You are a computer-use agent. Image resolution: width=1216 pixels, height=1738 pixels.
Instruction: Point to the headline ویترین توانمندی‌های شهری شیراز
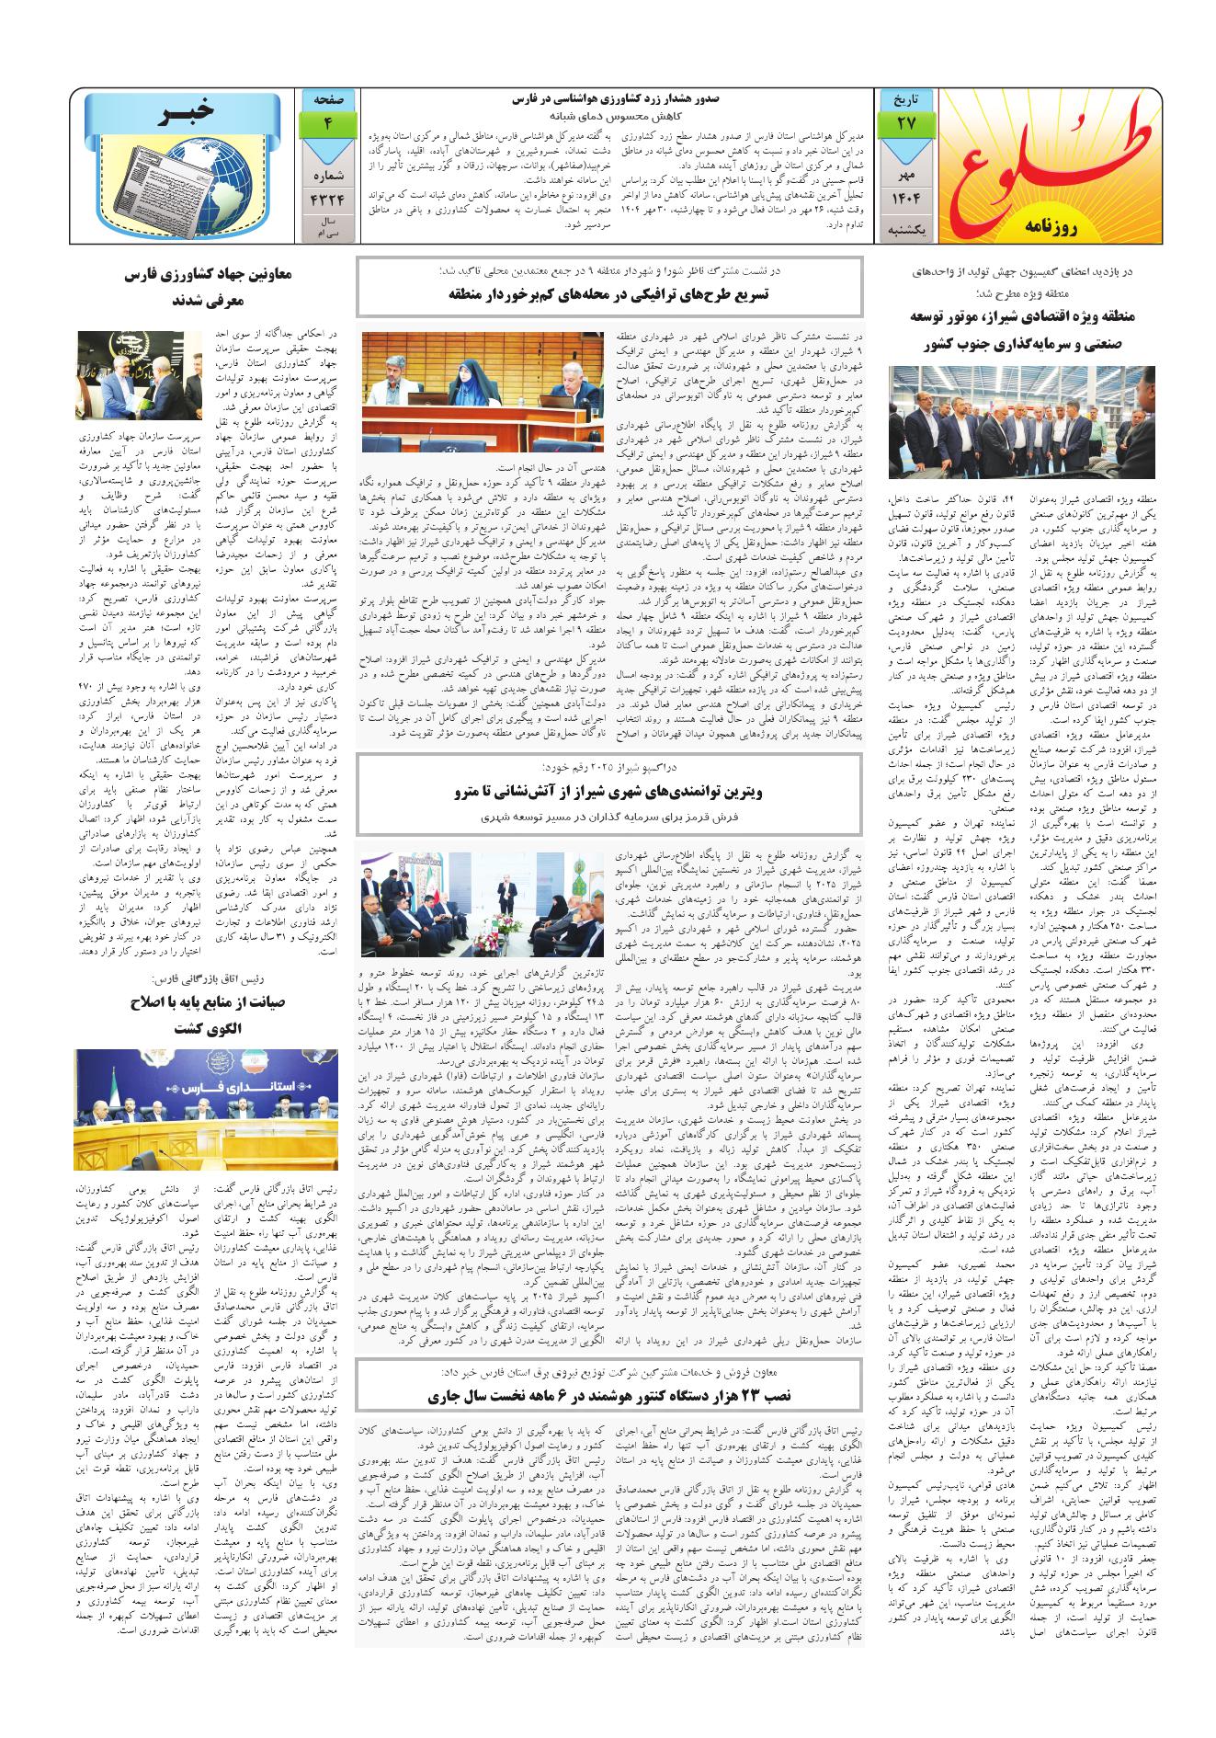(x=609, y=790)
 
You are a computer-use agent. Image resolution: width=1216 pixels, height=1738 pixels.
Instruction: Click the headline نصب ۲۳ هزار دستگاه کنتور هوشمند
(x=609, y=1395)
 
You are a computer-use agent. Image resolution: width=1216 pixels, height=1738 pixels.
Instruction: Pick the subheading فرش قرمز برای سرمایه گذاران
(x=609, y=816)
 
